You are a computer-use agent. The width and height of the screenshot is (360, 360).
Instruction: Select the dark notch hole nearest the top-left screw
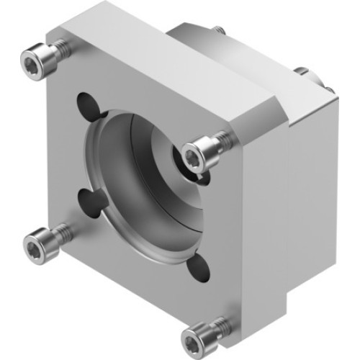(89, 105)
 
